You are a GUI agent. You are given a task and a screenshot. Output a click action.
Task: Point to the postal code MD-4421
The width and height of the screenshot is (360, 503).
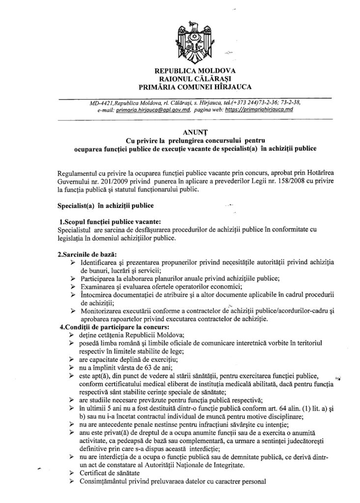pos(102,103)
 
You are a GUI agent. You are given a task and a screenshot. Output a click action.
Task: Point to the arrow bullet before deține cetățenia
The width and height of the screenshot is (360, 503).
pos(73,335)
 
